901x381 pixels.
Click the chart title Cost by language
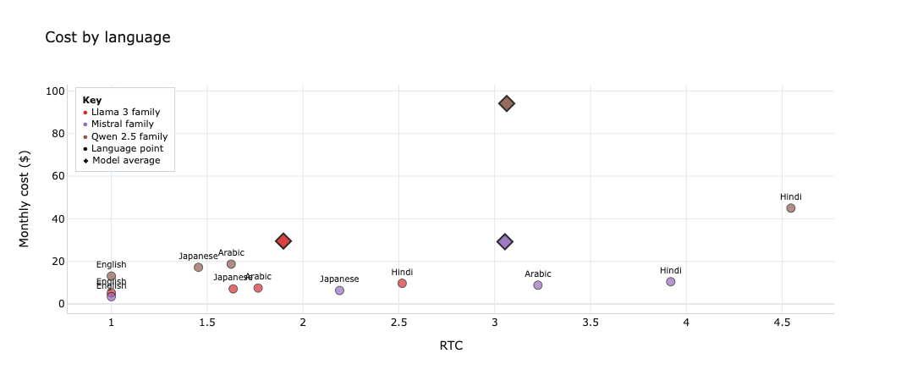107,37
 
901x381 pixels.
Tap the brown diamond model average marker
507,103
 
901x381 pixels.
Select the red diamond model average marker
283,241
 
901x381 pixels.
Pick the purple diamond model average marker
505,242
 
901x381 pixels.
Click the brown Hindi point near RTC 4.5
790,208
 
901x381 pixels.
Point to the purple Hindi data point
670,282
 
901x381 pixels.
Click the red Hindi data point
402,284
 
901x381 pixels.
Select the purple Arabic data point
537,285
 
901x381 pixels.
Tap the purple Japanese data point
339,290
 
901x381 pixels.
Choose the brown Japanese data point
198,268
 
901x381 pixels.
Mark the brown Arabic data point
231,264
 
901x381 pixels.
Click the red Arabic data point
258,289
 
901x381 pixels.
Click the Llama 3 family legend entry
125,112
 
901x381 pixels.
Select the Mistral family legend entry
122,124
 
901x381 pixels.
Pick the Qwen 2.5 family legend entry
129,136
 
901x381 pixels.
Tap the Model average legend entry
125,160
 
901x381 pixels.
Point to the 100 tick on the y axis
57,91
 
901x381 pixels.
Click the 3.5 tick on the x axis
591,323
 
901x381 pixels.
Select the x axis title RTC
451,345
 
